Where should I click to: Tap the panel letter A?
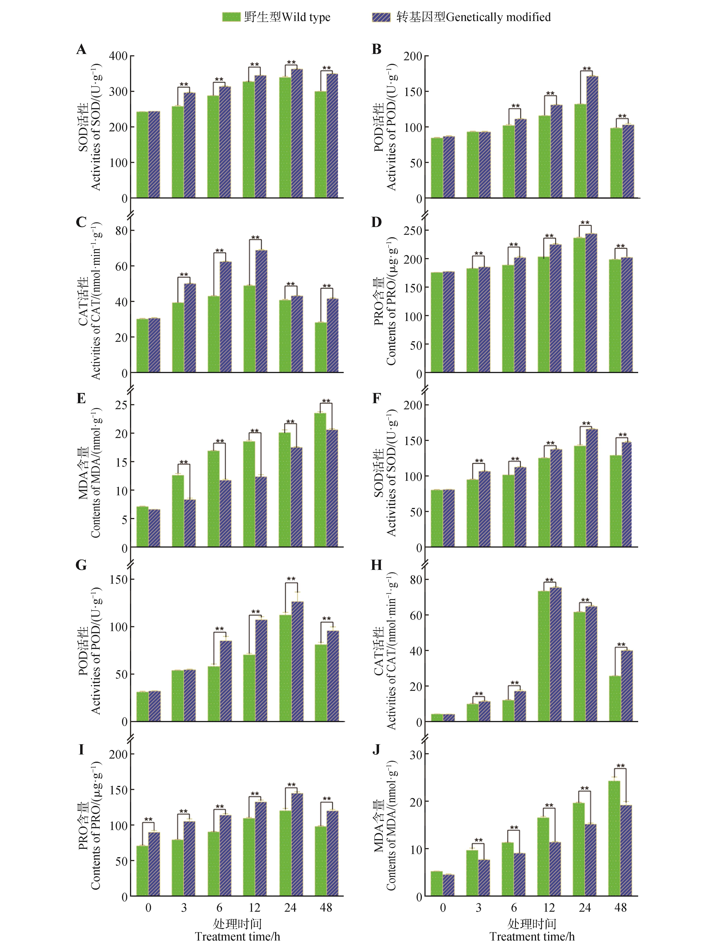pos(81,50)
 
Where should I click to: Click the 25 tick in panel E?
pos(121,405)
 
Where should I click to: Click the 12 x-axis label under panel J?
pos(549,908)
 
